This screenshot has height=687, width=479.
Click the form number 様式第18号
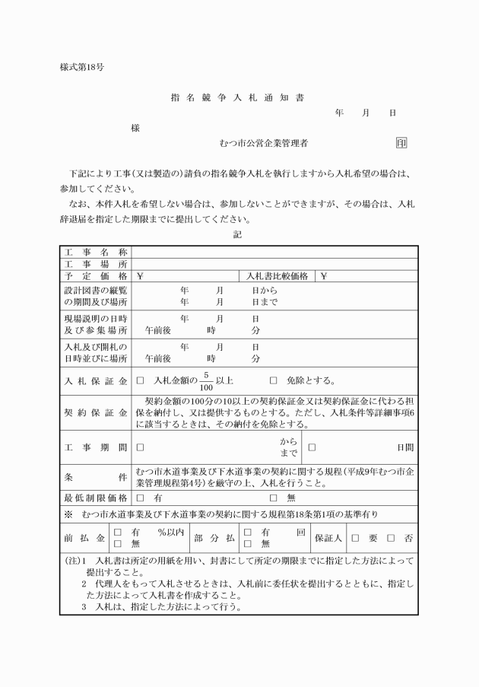(x=82, y=67)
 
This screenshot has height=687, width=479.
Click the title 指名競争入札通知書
(x=239, y=98)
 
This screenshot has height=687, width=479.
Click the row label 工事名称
(x=95, y=252)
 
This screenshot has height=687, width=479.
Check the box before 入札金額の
(x=140, y=380)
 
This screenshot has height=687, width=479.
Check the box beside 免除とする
(x=274, y=380)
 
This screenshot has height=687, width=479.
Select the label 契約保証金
(x=95, y=413)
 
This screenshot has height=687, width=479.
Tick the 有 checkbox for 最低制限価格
(x=140, y=497)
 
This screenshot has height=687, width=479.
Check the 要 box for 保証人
(x=355, y=538)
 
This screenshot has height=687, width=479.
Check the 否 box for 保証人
(x=391, y=538)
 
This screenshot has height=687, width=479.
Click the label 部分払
(x=214, y=538)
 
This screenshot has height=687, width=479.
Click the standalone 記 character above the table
(x=238, y=235)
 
